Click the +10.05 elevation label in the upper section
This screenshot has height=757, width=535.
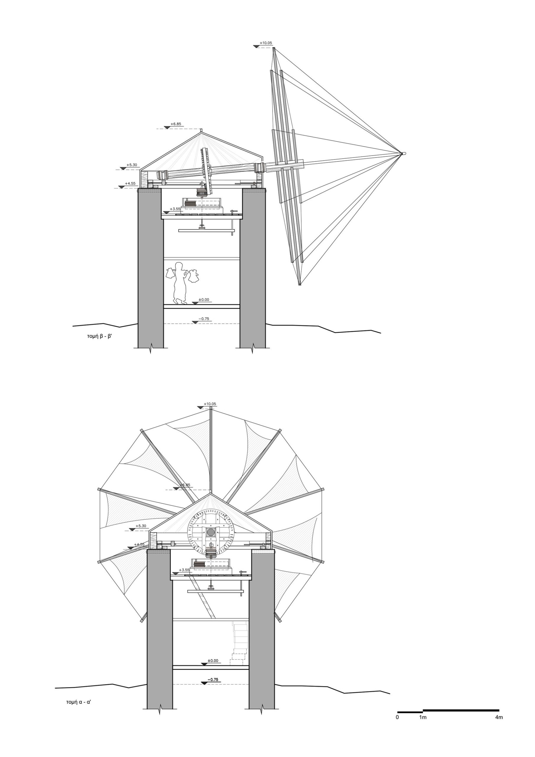(266, 43)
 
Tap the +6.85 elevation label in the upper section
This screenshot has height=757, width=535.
(176, 124)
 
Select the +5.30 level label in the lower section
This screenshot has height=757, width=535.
(140, 526)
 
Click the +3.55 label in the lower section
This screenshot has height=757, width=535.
(184, 570)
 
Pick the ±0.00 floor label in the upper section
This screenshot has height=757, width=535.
(204, 300)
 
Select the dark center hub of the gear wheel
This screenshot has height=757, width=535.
(210, 531)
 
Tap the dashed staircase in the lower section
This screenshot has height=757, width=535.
(239, 641)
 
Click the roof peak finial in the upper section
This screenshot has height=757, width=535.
(201, 131)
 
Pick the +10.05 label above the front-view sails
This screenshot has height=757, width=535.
(210, 404)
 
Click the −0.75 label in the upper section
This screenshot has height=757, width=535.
(204, 319)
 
